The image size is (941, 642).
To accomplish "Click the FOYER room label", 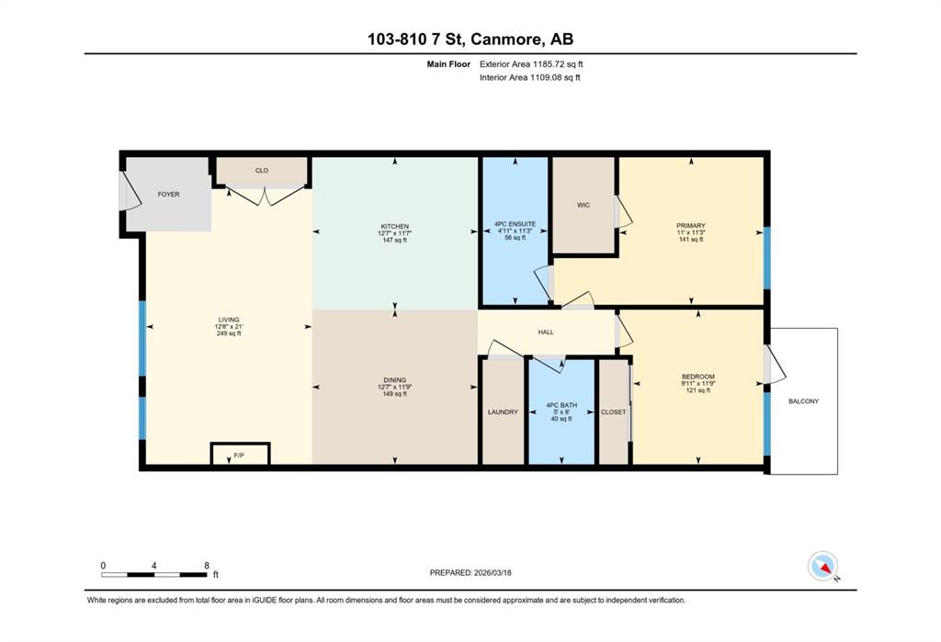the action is pyautogui.click(x=169, y=195).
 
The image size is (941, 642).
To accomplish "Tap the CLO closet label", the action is pyautogui.click(x=262, y=171).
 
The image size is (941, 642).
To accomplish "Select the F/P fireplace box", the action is pyautogui.click(x=240, y=454).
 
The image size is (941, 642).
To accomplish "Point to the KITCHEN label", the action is pyautogui.click(x=395, y=226).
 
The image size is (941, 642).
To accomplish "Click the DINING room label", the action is pyautogui.click(x=395, y=380).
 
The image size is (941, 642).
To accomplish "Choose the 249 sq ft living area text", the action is pyautogui.click(x=229, y=333).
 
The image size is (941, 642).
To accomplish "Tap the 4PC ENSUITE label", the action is pyautogui.click(x=515, y=224).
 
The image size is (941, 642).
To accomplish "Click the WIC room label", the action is pyautogui.click(x=584, y=205).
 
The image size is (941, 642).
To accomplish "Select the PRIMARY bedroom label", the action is pyautogui.click(x=691, y=226).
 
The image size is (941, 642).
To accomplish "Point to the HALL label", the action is pyautogui.click(x=546, y=332).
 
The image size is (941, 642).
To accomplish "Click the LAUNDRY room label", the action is pyautogui.click(x=503, y=412).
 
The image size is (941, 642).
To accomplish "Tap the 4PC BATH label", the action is pyautogui.click(x=561, y=405).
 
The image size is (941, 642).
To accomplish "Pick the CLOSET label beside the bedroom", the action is pyautogui.click(x=613, y=412).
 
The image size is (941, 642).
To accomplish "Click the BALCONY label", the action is pyautogui.click(x=803, y=401).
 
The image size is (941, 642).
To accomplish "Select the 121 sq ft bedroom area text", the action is pyautogui.click(x=698, y=390).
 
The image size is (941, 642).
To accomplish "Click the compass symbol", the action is pyautogui.click(x=822, y=566).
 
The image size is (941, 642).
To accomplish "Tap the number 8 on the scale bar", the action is pyautogui.click(x=207, y=565).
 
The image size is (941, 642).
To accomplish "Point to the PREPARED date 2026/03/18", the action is pyautogui.click(x=493, y=573).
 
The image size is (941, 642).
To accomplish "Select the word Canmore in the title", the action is pyautogui.click(x=506, y=39).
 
